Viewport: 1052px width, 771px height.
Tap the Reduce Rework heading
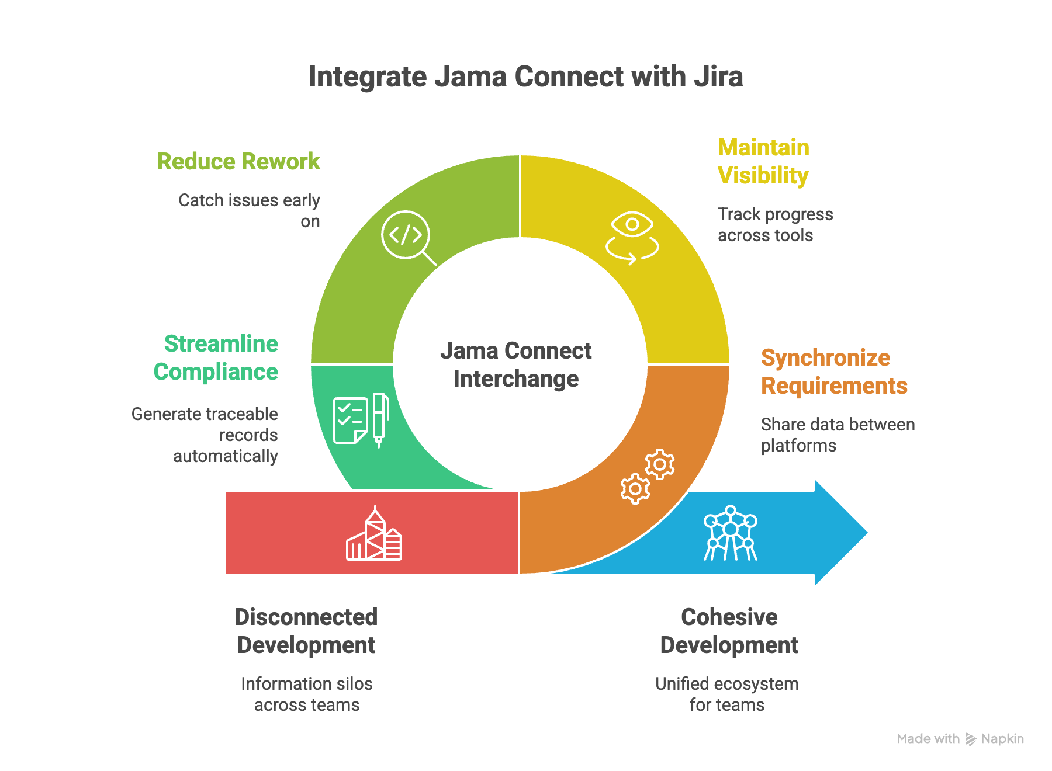click(238, 162)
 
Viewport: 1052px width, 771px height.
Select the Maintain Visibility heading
click(763, 162)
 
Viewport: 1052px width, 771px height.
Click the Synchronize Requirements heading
click(833, 372)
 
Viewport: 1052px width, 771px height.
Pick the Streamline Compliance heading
click(216, 358)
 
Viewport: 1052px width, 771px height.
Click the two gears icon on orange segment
click(647, 476)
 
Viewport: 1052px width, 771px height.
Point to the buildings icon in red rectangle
click(374, 534)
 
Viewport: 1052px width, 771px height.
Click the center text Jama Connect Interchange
click(516, 365)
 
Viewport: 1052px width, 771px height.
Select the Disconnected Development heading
click(306, 631)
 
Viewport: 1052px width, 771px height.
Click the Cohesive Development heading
click(729, 631)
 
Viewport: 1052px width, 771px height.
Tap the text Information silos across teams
click(307, 694)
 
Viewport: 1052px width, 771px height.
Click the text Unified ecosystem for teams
click(726, 694)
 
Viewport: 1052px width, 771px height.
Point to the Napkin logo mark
click(971, 739)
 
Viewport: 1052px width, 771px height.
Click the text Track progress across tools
click(775, 225)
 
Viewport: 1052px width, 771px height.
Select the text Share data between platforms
click(837, 435)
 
